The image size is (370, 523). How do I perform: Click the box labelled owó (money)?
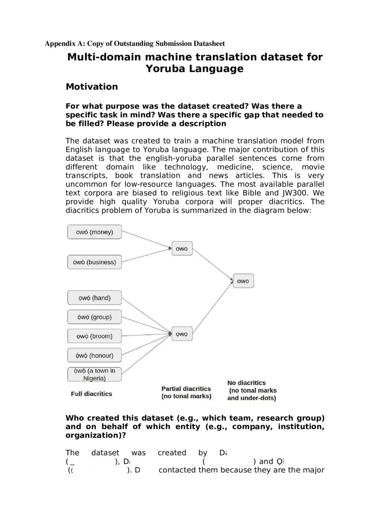pos(94,232)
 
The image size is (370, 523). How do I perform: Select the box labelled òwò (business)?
pos(94,262)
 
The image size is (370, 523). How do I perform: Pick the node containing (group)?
pos(94,317)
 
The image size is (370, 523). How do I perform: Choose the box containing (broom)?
pos(94,336)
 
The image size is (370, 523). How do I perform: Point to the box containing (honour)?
pos(94,356)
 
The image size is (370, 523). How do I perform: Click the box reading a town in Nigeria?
pos(94,374)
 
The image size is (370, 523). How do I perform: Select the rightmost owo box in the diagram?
pos(243,281)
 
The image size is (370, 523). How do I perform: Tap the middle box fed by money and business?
pos(181,249)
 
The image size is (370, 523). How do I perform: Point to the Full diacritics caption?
pos(91,394)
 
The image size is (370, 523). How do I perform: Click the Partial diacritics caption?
pos(186,392)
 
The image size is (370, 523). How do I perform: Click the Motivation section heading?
pos(92,86)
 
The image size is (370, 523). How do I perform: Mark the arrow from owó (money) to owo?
pos(147,240)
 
